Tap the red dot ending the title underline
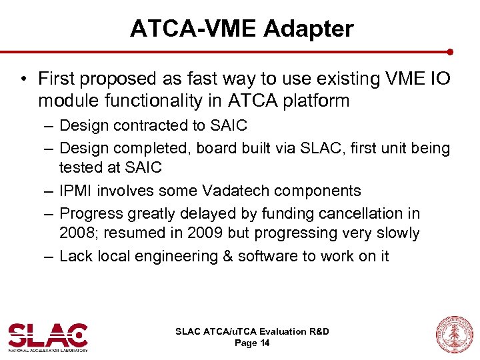[451, 51]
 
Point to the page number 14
[265, 343]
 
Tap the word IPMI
[76, 191]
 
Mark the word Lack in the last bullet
[75, 256]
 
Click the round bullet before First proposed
[24, 79]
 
